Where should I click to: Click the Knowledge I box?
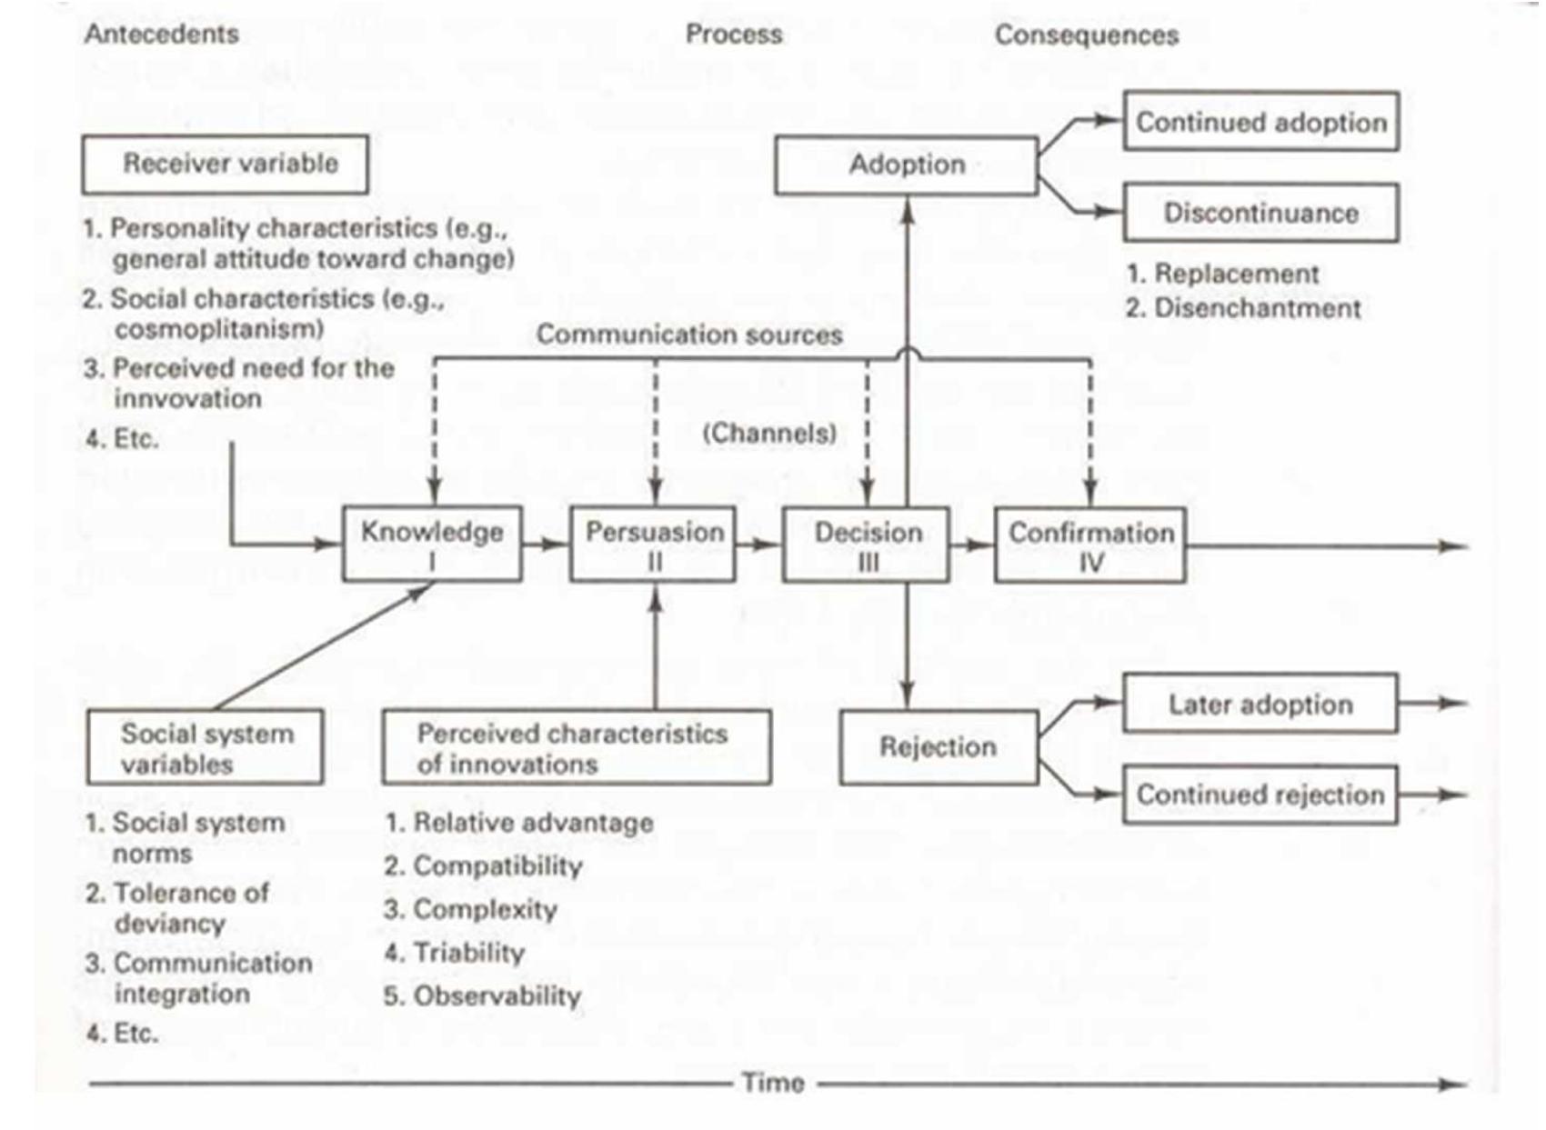point(432,544)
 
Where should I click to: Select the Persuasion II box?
point(653,544)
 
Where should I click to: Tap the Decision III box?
point(867,545)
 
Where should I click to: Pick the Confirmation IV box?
point(1090,545)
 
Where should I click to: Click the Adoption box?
point(906,165)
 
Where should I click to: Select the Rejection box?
point(939,747)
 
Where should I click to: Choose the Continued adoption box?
point(1260,122)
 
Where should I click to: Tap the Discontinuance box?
point(1260,214)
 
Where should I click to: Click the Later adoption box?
point(1260,704)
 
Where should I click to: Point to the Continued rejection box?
point(1260,795)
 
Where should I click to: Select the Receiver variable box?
point(226,165)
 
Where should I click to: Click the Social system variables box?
point(206,747)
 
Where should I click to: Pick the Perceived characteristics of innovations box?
point(576,747)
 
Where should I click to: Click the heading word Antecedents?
point(162,35)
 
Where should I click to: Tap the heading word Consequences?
point(1086,35)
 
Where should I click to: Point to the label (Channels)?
point(769,433)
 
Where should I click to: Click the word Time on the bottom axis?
point(773,1083)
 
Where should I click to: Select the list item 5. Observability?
point(482,995)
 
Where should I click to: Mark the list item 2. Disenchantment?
point(1243,308)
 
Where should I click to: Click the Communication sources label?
point(689,335)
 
